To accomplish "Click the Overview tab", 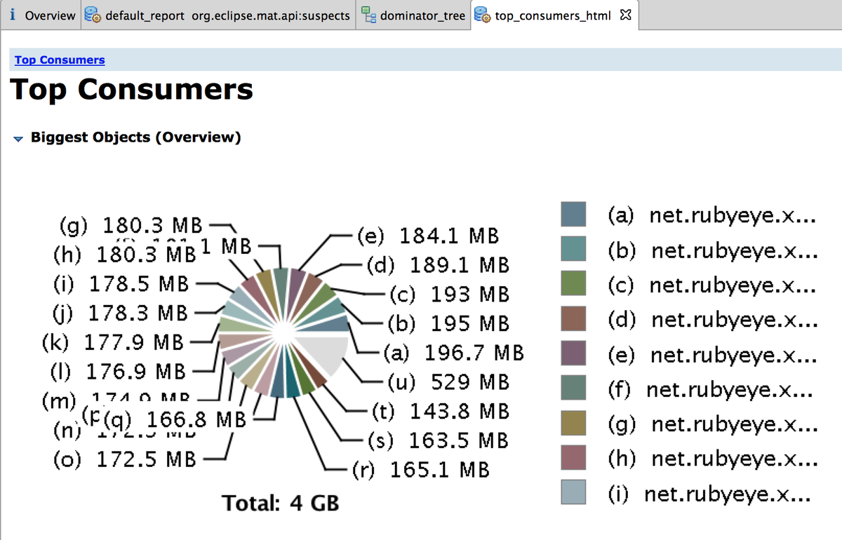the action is click(42, 15).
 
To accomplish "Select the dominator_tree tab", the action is click(414, 15).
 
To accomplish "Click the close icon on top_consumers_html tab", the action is click(626, 15).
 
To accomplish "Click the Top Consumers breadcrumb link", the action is click(60, 60).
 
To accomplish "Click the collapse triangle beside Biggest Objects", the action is click(18, 138).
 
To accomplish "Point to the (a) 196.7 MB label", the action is click(453, 352).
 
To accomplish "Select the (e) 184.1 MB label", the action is click(428, 236).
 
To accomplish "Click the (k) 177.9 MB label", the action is click(112, 343).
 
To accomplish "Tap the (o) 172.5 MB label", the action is click(124, 461).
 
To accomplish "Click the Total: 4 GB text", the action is click(281, 503).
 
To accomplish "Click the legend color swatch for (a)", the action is click(573, 215).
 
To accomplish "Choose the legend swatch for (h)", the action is click(573, 458).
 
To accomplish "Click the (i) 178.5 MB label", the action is click(121, 285).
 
